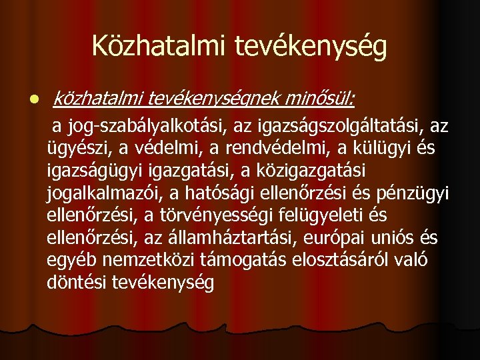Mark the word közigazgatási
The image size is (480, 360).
tap(316, 171)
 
